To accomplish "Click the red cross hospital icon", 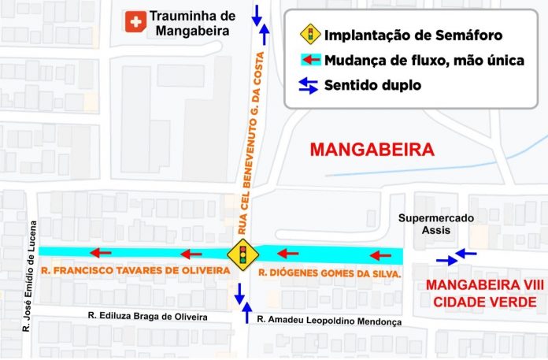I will point(135,22).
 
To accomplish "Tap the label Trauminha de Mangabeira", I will point(192,24).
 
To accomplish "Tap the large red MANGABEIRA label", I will point(372,149).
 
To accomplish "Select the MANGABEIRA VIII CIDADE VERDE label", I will point(475,294).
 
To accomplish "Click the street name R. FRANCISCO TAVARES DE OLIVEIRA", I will point(133,271).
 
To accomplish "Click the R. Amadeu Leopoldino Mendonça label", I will point(329,321).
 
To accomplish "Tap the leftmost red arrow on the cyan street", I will point(99,253).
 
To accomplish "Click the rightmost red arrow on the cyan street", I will point(380,255).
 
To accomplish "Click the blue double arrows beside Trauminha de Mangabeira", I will point(260,23).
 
